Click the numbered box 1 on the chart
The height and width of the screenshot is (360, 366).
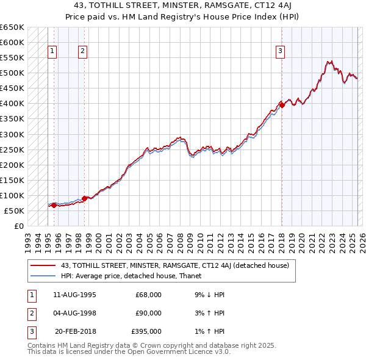pos(53,52)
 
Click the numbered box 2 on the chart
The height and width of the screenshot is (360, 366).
pos(82,52)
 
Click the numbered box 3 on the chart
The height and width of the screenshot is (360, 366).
pos(280,52)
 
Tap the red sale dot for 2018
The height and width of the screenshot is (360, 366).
pos(282,105)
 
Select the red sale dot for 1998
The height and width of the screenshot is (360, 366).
pos(84,198)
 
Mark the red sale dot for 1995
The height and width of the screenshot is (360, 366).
pos(54,205)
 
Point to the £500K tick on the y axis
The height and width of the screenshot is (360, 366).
pos(12,73)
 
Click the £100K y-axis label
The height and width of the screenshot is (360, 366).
pos(12,195)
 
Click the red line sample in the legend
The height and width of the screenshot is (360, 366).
pos(43,265)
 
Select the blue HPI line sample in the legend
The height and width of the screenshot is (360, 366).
pos(43,276)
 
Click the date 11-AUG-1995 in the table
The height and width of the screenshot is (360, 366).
pos(74,295)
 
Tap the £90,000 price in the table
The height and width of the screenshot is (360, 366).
pos(148,313)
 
